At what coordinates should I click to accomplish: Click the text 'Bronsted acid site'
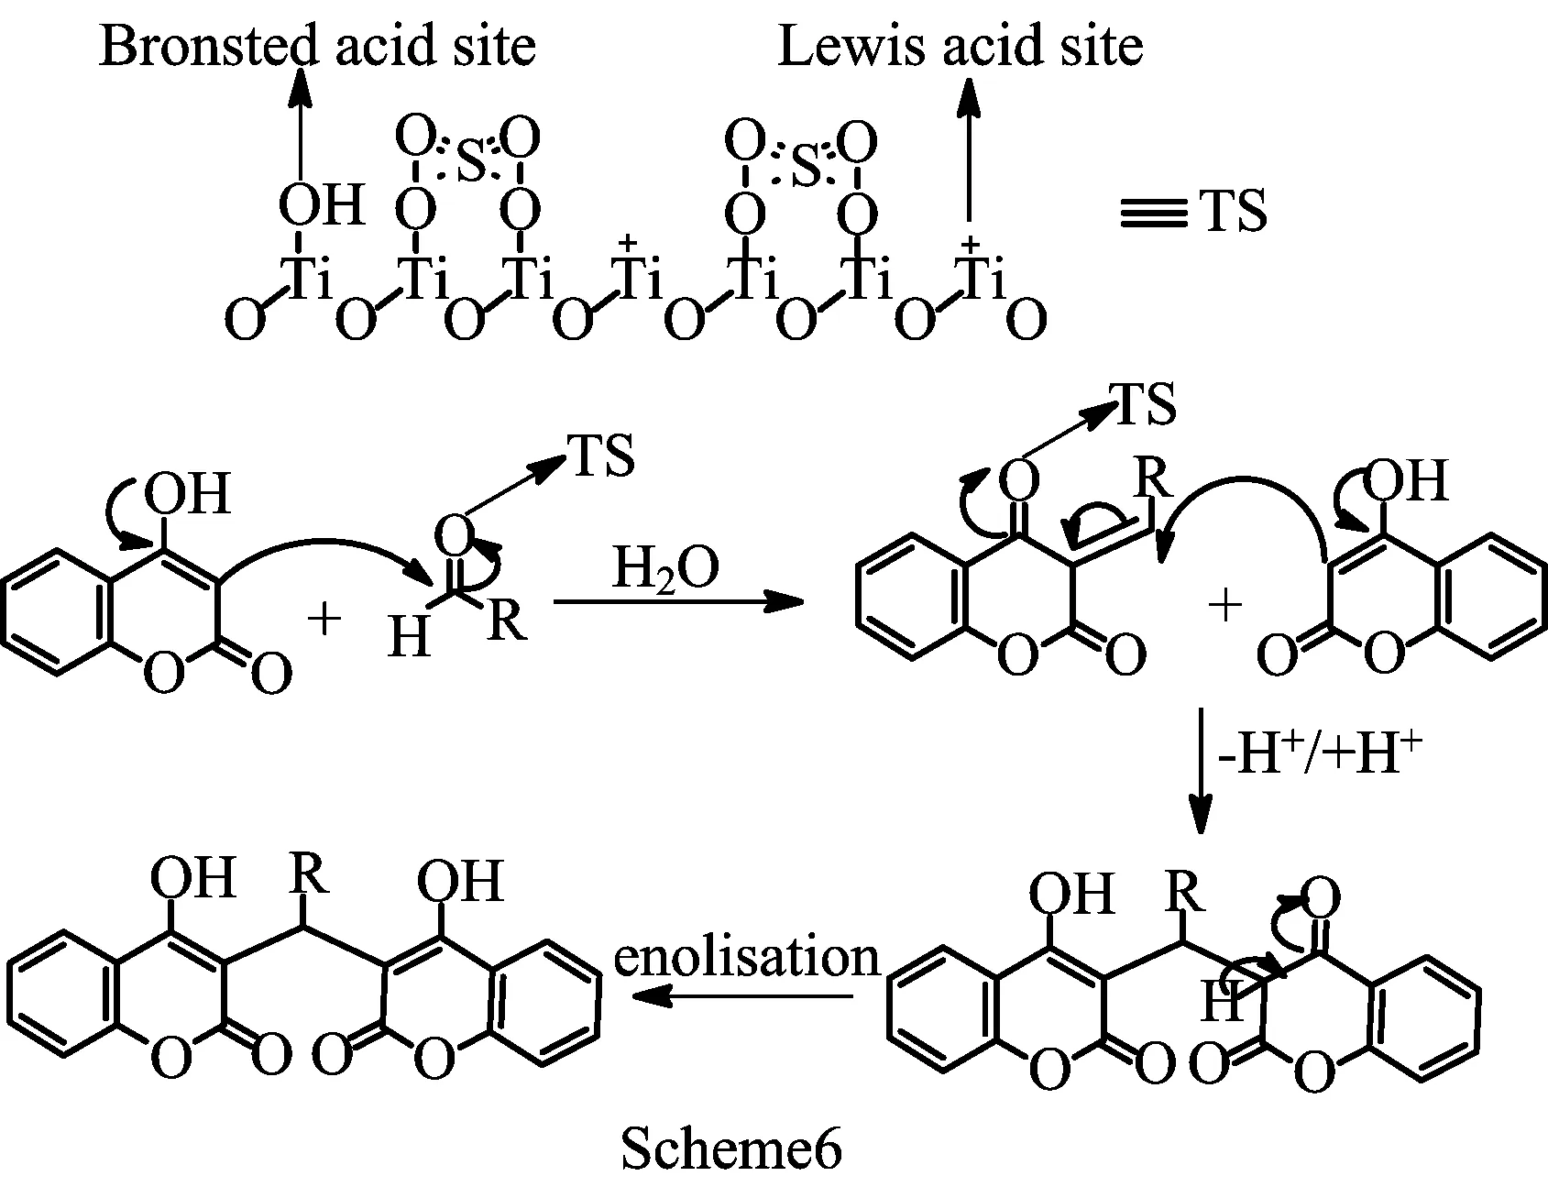point(316,46)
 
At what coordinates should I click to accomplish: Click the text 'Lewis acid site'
point(960,46)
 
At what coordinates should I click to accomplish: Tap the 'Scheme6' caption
point(730,1149)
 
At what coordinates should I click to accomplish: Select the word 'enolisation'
point(745,957)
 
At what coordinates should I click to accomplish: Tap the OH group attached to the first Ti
point(321,203)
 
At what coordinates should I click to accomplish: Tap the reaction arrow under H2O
point(678,602)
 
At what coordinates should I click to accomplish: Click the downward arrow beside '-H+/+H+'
point(1199,770)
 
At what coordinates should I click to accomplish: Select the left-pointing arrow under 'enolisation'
point(742,997)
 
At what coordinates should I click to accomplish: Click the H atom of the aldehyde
point(409,635)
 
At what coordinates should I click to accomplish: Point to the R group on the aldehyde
point(506,620)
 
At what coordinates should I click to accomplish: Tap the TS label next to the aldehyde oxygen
point(602,456)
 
